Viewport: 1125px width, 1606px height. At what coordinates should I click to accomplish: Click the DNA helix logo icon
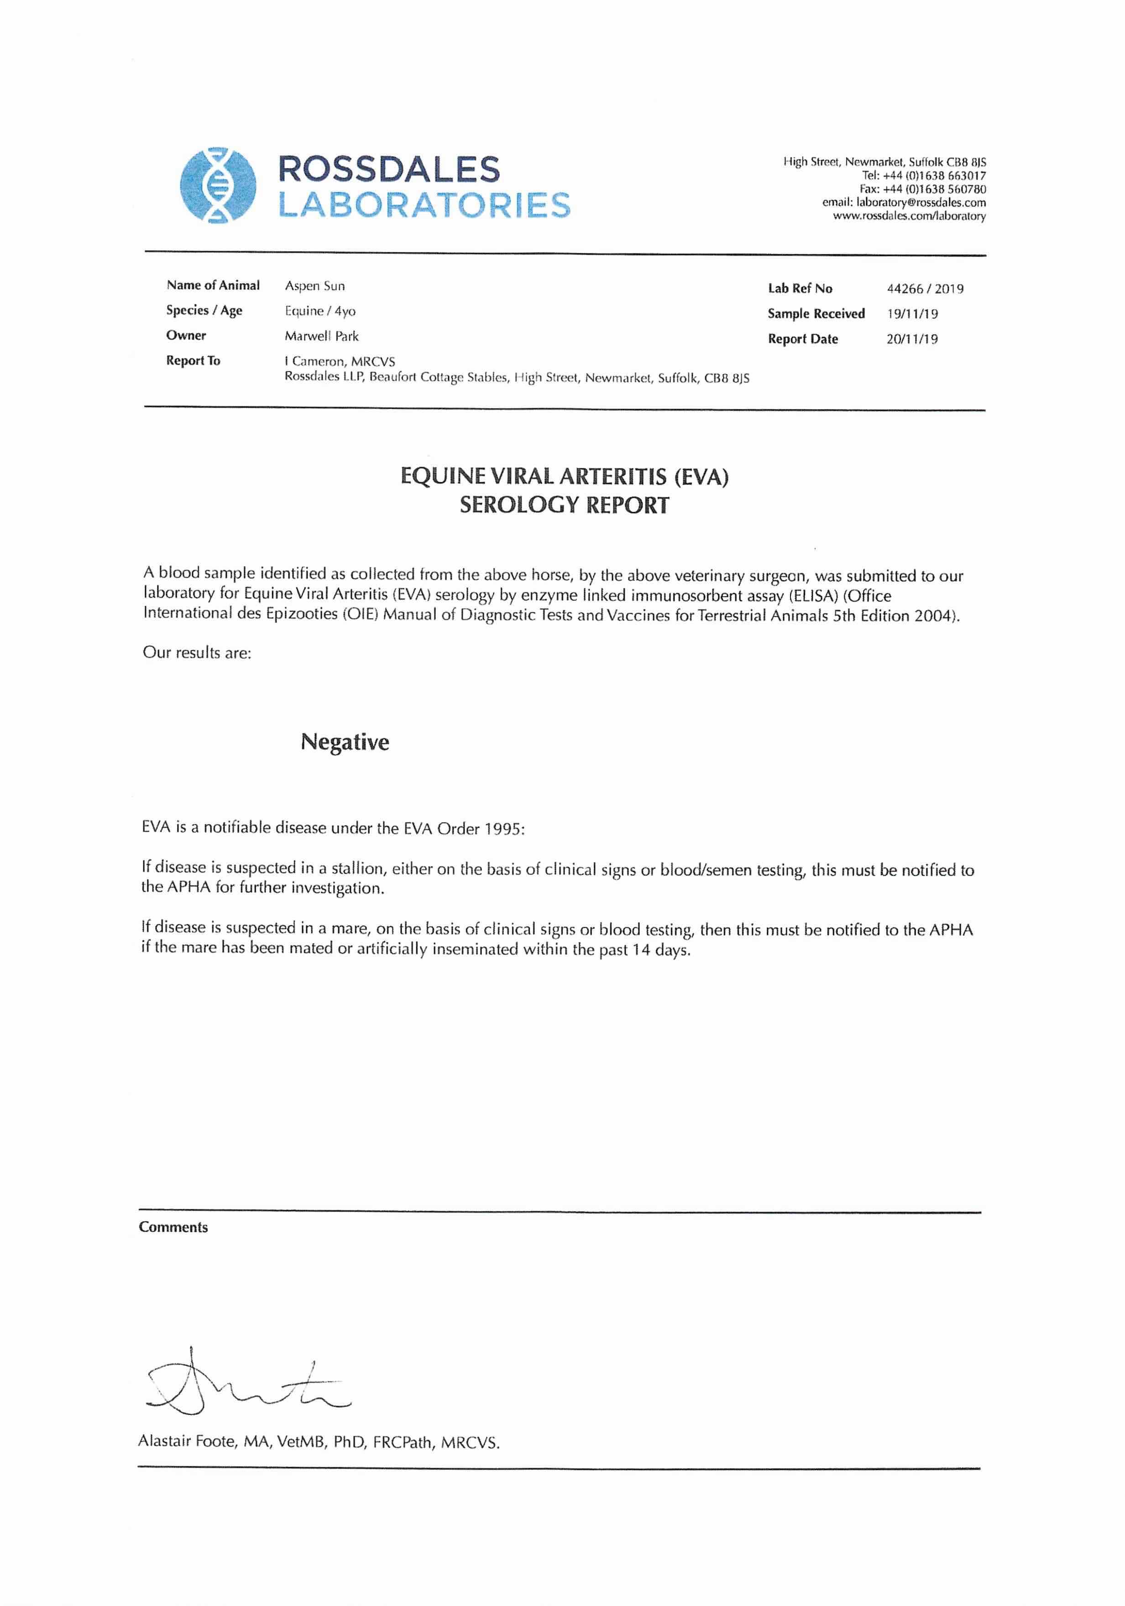[x=217, y=185]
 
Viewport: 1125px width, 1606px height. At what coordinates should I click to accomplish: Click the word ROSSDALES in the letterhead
[x=389, y=169]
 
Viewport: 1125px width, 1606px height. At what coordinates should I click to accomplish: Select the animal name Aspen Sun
[x=314, y=286]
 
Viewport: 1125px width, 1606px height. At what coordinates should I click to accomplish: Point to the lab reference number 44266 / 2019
[x=924, y=289]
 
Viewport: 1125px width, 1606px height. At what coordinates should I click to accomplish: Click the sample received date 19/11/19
[x=912, y=314]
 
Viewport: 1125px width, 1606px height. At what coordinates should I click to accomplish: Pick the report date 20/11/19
[x=912, y=339]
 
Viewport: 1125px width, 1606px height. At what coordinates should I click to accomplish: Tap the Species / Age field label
[x=204, y=310]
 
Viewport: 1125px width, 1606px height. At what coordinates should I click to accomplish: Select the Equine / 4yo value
[x=319, y=311]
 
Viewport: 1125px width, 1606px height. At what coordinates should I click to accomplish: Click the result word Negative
[x=345, y=742]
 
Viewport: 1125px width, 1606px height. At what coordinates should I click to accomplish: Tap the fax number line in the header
[x=922, y=189]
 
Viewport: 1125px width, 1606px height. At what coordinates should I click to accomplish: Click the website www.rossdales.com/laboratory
[x=909, y=216]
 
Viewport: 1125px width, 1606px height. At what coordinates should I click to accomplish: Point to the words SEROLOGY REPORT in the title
[x=564, y=505]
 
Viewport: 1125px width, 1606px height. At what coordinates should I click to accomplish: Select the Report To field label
[x=193, y=361]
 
